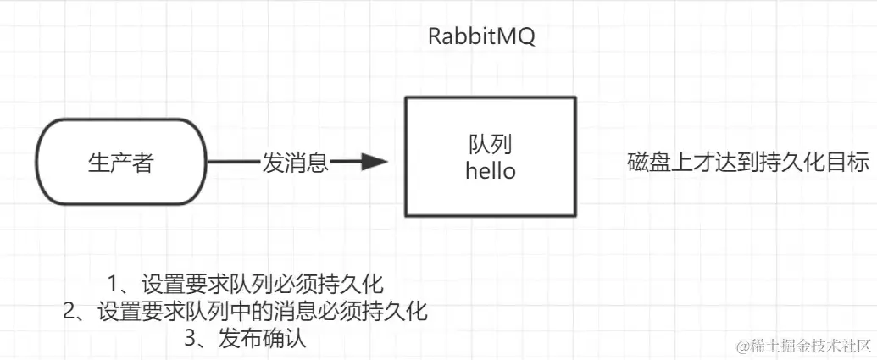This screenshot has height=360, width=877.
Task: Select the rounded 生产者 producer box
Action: (x=120, y=163)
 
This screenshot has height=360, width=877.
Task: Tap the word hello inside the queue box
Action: (x=491, y=171)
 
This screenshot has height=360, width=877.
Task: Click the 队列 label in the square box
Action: (x=491, y=144)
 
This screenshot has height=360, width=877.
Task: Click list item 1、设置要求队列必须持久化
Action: (x=247, y=283)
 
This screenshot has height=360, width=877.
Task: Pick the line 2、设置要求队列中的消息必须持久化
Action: (x=245, y=311)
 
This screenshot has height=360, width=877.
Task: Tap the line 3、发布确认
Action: (x=245, y=339)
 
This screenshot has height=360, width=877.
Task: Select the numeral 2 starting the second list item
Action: (x=70, y=311)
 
